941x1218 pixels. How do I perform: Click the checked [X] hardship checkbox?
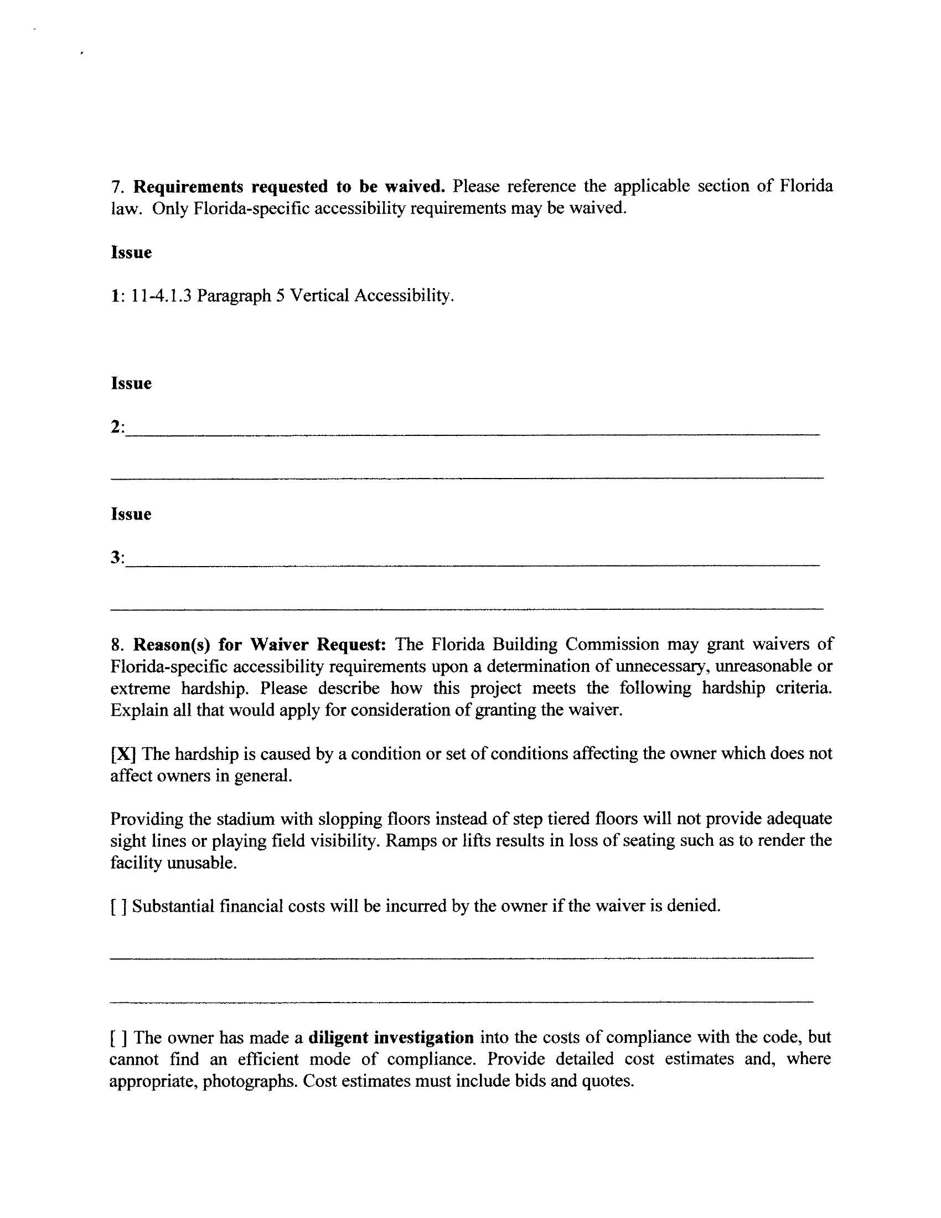123,754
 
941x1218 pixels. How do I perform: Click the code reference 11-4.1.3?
161,296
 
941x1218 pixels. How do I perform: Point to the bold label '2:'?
117,428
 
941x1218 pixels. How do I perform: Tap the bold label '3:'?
117,558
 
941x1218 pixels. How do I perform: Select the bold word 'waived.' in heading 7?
415,187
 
